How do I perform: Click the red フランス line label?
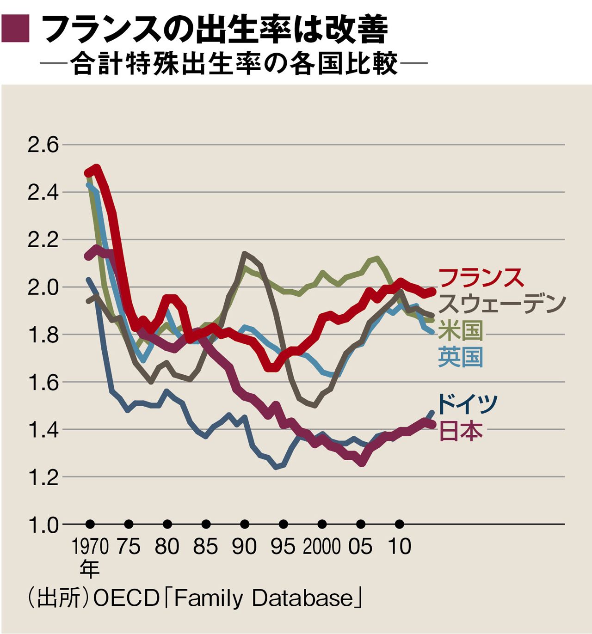click(481, 278)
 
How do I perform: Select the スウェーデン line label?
click(502, 304)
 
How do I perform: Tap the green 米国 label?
click(460, 330)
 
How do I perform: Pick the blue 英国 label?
click(460, 357)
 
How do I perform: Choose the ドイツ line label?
click(467, 403)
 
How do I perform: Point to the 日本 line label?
click(460, 431)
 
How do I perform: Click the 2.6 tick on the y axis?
click(43, 145)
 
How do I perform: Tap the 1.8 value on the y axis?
click(43, 335)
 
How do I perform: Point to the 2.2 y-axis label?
click(43, 240)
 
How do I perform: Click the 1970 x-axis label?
click(90, 547)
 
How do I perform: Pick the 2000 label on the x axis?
click(322, 547)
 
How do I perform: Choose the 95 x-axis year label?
click(283, 547)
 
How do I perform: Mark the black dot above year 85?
click(206, 524)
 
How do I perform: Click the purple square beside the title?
click(16, 29)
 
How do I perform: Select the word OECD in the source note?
click(126, 598)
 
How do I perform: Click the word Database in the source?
click(302, 598)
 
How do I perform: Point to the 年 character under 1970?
click(90, 569)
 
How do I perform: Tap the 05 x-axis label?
click(360, 547)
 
